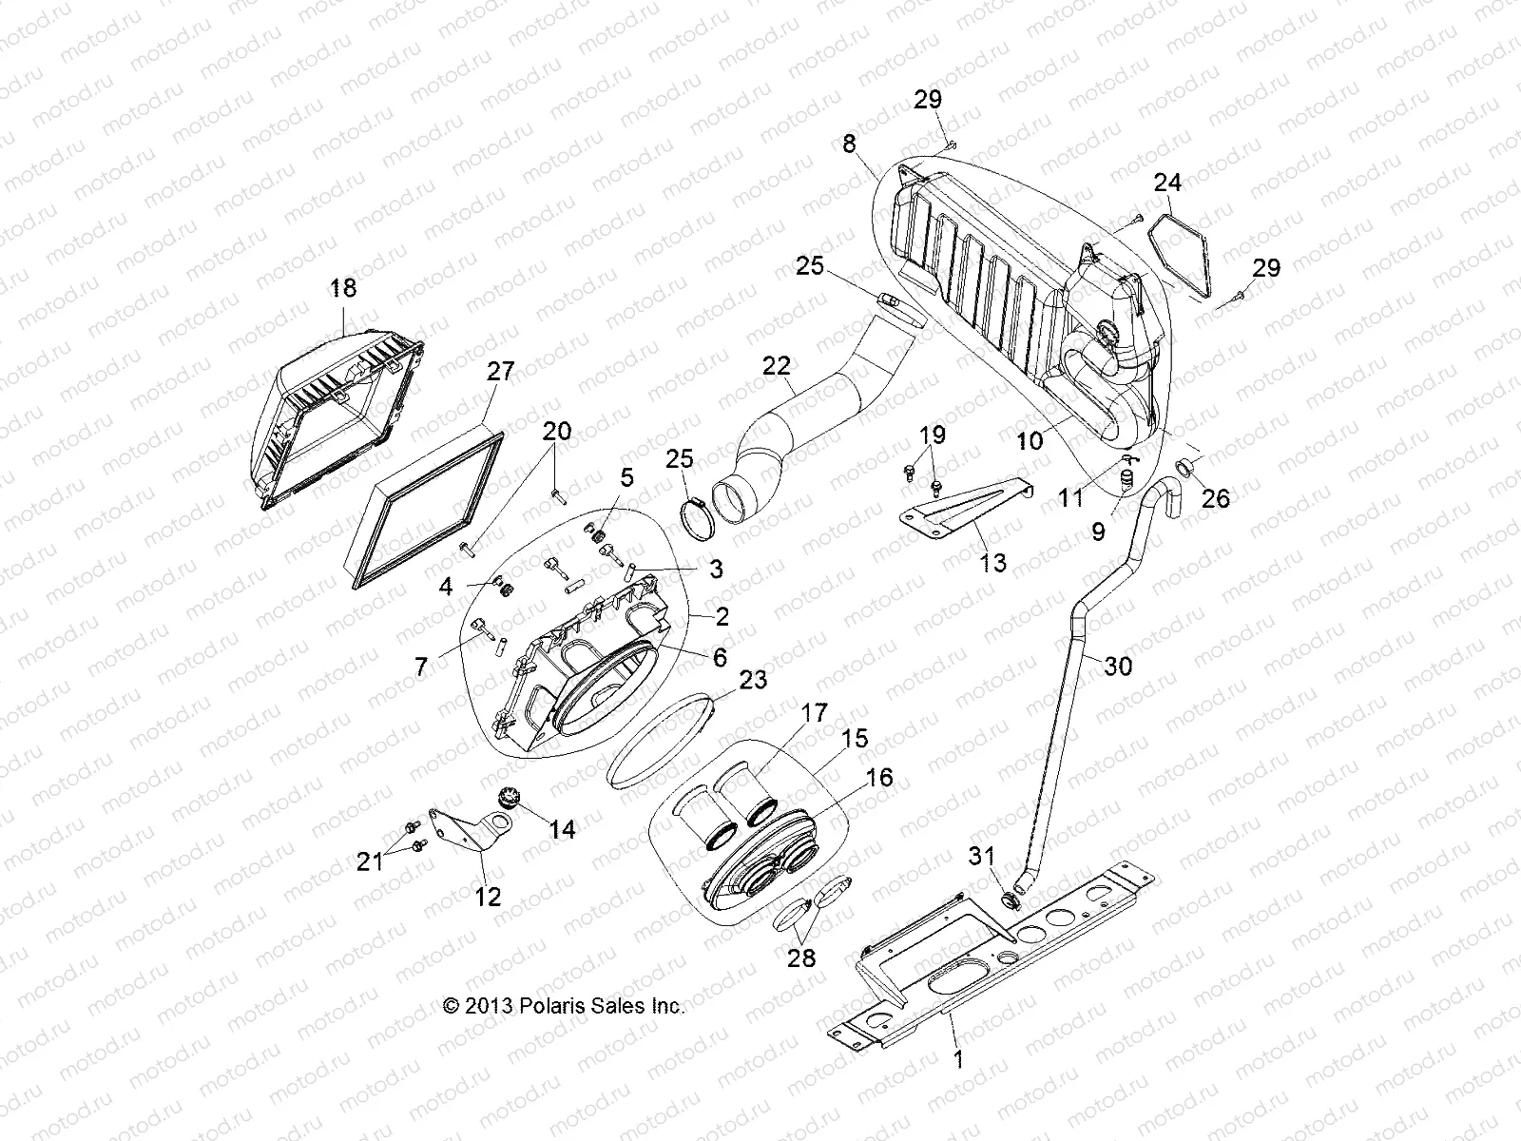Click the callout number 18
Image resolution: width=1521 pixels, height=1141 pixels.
[x=343, y=288]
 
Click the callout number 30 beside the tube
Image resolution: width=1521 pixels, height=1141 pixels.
[x=1118, y=667]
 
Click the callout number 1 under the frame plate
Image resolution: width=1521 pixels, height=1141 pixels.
[x=958, y=1059]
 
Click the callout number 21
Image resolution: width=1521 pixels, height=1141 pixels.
[x=370, y=861]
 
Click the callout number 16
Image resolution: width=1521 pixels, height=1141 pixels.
[x=879, y=778]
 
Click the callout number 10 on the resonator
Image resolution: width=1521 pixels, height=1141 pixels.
[x=1030, y=440]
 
